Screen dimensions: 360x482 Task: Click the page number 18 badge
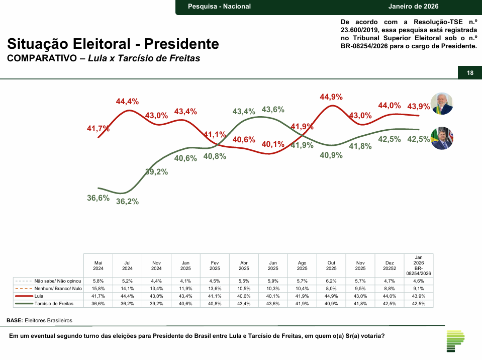click(x=470, y=73)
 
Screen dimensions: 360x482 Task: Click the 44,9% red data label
click(x=331, y=97)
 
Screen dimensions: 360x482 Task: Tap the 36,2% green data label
click(x=127, y=202)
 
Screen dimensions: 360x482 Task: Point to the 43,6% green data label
click(x=273, y=110)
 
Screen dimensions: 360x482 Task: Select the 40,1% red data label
click(x=273, y=144)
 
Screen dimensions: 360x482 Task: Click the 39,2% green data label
click(x=156, y=171)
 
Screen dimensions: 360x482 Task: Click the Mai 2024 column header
click(x=99, y=265)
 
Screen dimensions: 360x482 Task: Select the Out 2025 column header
click(x=331, y=265)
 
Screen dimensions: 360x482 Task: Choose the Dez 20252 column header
click(x=390, y=265)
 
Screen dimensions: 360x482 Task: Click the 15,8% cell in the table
click(x=99, y=289)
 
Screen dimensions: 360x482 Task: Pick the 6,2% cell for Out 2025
click(x=331, y=281)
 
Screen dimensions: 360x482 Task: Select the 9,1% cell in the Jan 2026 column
click(x=418, y=289)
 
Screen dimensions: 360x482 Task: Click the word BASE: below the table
click(x=15, y=320)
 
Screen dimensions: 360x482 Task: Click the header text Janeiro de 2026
click(x=413, y=7)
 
